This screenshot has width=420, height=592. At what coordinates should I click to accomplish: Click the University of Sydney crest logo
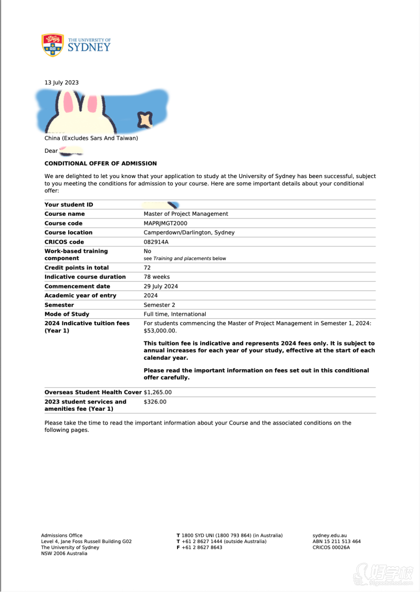pos(52,45)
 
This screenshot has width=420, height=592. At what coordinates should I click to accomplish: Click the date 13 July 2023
pos(61,82)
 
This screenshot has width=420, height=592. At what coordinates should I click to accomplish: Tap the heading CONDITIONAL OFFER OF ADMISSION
pos(100,163)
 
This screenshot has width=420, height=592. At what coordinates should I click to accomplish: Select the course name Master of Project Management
pos(186,214)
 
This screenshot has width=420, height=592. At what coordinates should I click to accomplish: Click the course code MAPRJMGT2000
pos(165,223)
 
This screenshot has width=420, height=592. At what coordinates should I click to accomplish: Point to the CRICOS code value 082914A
pos(156,242)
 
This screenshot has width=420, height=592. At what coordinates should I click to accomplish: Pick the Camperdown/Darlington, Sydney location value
pos(189,233)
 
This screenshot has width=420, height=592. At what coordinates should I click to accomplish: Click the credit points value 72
pos(147,268)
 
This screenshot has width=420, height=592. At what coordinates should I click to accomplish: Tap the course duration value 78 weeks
pos(156,277)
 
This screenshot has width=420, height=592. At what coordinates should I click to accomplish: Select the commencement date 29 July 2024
pos(161,286)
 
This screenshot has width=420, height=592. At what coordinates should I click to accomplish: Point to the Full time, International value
pos(175,314)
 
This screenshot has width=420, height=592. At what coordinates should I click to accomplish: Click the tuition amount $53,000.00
pos(160,331)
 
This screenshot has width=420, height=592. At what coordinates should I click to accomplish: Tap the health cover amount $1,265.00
pos(157,392)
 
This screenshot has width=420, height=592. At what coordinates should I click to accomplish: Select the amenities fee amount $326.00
pos(155,402)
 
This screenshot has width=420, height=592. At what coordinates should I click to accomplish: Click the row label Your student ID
pos(69,205)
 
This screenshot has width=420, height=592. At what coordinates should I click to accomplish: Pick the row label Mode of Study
pos(67,314)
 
